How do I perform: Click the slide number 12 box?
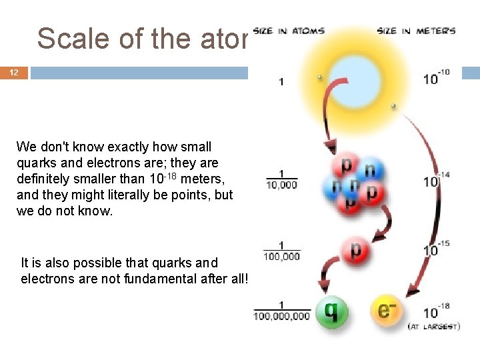coord(14,73)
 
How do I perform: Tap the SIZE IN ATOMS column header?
coord(289,31)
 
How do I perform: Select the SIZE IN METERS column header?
coord(416,31)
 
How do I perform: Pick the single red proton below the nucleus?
coord(355,250)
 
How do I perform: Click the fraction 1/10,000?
coord(281,180)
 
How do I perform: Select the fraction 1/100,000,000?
coord(281,311)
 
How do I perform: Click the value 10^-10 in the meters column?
coord(435,77)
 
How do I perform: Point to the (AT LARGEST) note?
coord(433,327)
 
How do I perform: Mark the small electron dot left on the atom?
coord(321,77)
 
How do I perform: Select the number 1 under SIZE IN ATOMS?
coord(281,82)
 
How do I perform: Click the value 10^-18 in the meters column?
coord(435,311)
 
